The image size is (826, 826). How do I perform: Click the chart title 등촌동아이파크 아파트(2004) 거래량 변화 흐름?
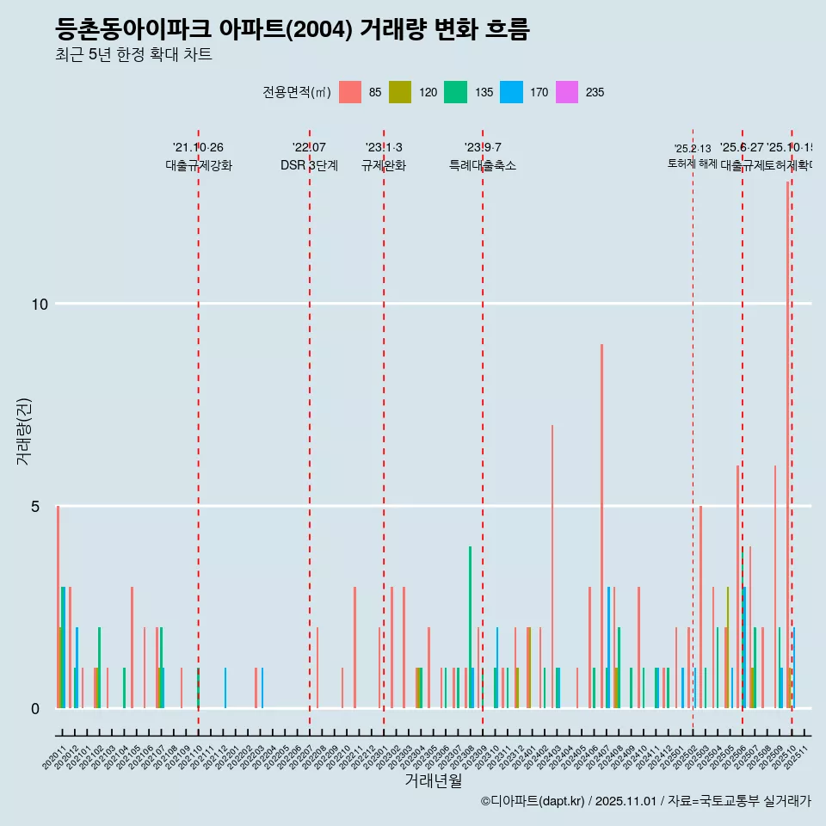pyautogui.click(x=292, y=30)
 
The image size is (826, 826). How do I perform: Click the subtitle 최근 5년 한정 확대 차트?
pyautogui.click(x=133, y=55)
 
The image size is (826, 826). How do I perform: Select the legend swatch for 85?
pyautogui.click(x=350, y=92)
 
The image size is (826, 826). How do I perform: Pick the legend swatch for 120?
pyautogui.click(x=400, y=92)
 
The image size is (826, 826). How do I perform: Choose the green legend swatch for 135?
pyautogui.click(x=455, y=92)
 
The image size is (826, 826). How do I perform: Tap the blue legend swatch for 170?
pyautogui.click(x=511, y=92)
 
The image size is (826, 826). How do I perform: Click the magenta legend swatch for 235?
pyautogui.click(x=567, y=92)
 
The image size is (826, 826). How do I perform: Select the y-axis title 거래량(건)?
pyautogui.click(x=23, y=430)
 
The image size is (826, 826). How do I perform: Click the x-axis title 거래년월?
pyautogui.click(x=433, y=781)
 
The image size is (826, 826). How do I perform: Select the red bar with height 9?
pyautogui.click(x=601, y=525)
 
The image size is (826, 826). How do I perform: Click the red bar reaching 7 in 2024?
pyautogui.click(x=552, y=568)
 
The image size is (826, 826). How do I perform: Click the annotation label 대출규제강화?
pyautogui.click(x=199, y=165)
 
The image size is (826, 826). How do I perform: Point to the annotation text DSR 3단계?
pyautogui.click(x=309, y=165)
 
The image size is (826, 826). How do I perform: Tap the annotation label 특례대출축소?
pyautogui.click(x=482, y=165)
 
